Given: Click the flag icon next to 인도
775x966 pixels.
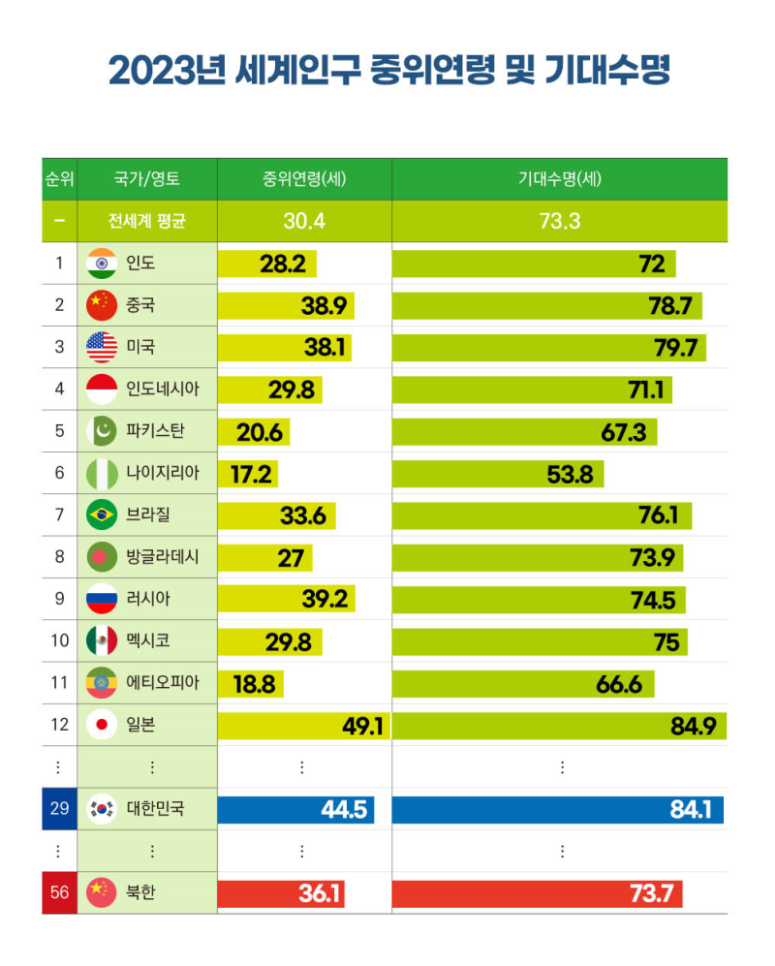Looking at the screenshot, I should click(102, 264).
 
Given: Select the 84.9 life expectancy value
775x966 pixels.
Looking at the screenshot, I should click(694, 726).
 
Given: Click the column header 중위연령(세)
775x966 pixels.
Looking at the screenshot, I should click(304, 179).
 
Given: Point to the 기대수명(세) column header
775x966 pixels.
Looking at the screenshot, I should click(559, 179).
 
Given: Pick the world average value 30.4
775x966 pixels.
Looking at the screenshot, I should click(304, 221).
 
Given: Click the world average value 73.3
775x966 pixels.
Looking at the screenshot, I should click(559, 221).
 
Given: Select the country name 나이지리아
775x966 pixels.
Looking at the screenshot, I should click(163, 474).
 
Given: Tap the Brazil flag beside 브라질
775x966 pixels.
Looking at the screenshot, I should click(102, 515).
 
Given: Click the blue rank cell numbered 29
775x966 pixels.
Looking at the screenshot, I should click(59, 808).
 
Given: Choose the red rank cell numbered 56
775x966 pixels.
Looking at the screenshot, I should click(59, 892).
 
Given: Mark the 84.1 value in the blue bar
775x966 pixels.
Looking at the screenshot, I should click(691, 809).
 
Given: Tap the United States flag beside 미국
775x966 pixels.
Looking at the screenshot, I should click(102, 347).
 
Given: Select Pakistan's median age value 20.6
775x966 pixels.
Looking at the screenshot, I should click(260, 432).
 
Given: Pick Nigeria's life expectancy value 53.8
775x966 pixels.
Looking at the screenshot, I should click(572, 474).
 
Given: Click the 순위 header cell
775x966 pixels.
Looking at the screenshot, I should click(59, 179).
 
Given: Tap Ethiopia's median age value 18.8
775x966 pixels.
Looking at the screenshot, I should click(254, 684).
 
